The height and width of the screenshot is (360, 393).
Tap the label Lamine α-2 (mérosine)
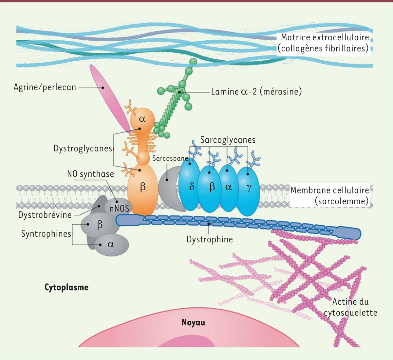pyautogui.click(x=256, y=91)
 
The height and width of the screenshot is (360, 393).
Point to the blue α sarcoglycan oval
pyautogui.click(x=229, y=188)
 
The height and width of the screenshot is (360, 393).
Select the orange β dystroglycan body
pyautogui.click(x=143, y=189)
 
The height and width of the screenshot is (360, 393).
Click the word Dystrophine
pyautogui.click(x=210, y=240)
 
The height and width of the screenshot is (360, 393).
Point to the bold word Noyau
pyautogui.click(x=193, y=323)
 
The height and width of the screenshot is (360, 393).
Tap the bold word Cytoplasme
pyautogui.click(x=66, y=288)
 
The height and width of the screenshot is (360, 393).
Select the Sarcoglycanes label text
pyautogui.click(x=228, y=140)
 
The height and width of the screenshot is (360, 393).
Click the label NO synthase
pyautogui.click(x=90, y=174)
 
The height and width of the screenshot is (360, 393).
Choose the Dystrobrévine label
pyautogui.click(x=45, y=215)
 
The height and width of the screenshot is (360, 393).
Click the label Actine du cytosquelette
pyautogui.click(x=350, y=307)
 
